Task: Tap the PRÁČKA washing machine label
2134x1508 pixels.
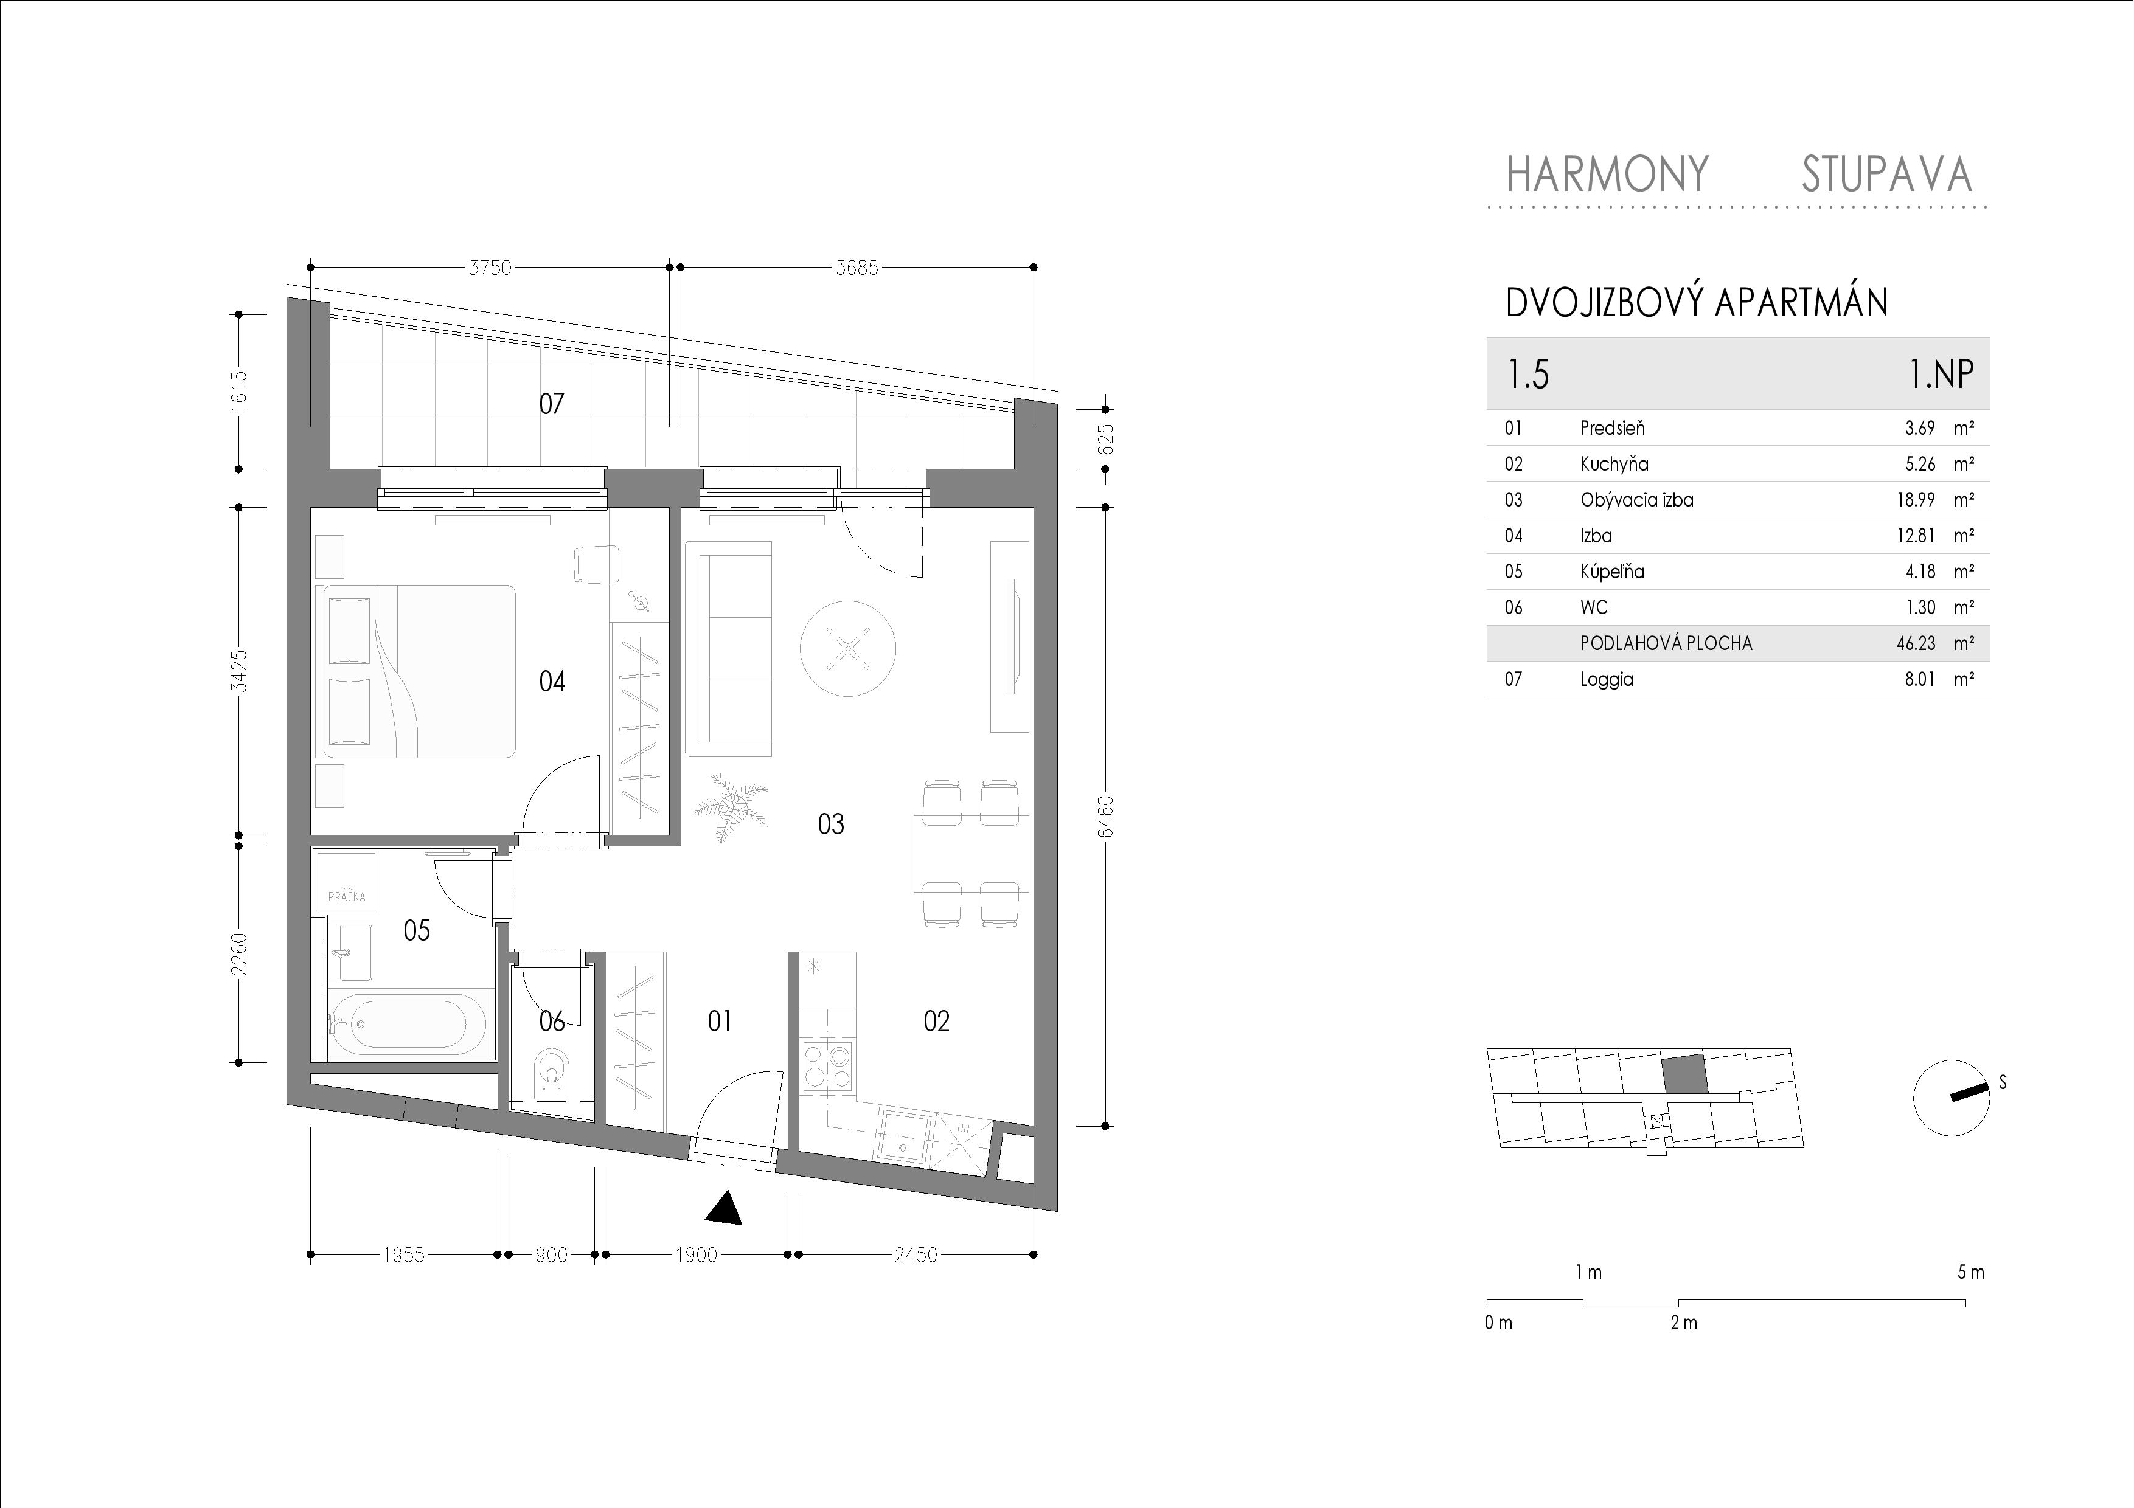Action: point(347,897)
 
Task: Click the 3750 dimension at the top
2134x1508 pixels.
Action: point(490,268)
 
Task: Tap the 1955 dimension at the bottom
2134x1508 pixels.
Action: point(403,1255)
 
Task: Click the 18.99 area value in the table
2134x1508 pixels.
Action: point(1916,500)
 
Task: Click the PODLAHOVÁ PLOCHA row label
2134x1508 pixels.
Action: point(1666,643)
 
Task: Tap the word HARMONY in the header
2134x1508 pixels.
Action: point(1607,174)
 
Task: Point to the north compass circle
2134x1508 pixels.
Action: point(1951,1098)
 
